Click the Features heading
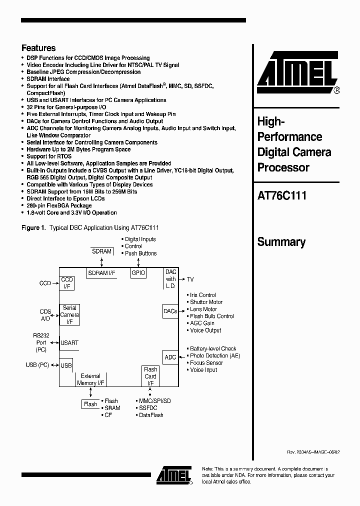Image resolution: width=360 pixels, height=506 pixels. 38,48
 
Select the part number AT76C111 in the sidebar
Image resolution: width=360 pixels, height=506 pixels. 281,196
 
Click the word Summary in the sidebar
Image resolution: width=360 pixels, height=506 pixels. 281,242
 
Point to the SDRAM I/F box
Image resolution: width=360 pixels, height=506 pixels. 101,273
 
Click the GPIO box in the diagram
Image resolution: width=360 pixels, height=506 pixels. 138,273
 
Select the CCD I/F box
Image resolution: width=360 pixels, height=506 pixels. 67,283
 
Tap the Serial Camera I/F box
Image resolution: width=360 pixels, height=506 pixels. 69,314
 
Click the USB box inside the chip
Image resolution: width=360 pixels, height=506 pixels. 66,365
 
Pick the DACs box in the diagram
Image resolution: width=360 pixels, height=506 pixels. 170,311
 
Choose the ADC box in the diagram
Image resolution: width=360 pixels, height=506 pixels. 170,357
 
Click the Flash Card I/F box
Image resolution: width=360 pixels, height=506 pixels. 150,376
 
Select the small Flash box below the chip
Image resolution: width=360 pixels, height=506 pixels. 90,404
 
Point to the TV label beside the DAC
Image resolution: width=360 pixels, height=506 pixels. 190,279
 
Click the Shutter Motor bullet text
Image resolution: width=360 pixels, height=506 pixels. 206,302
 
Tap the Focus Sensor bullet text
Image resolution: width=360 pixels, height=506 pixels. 206,363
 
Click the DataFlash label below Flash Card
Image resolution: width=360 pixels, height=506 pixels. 151,415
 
